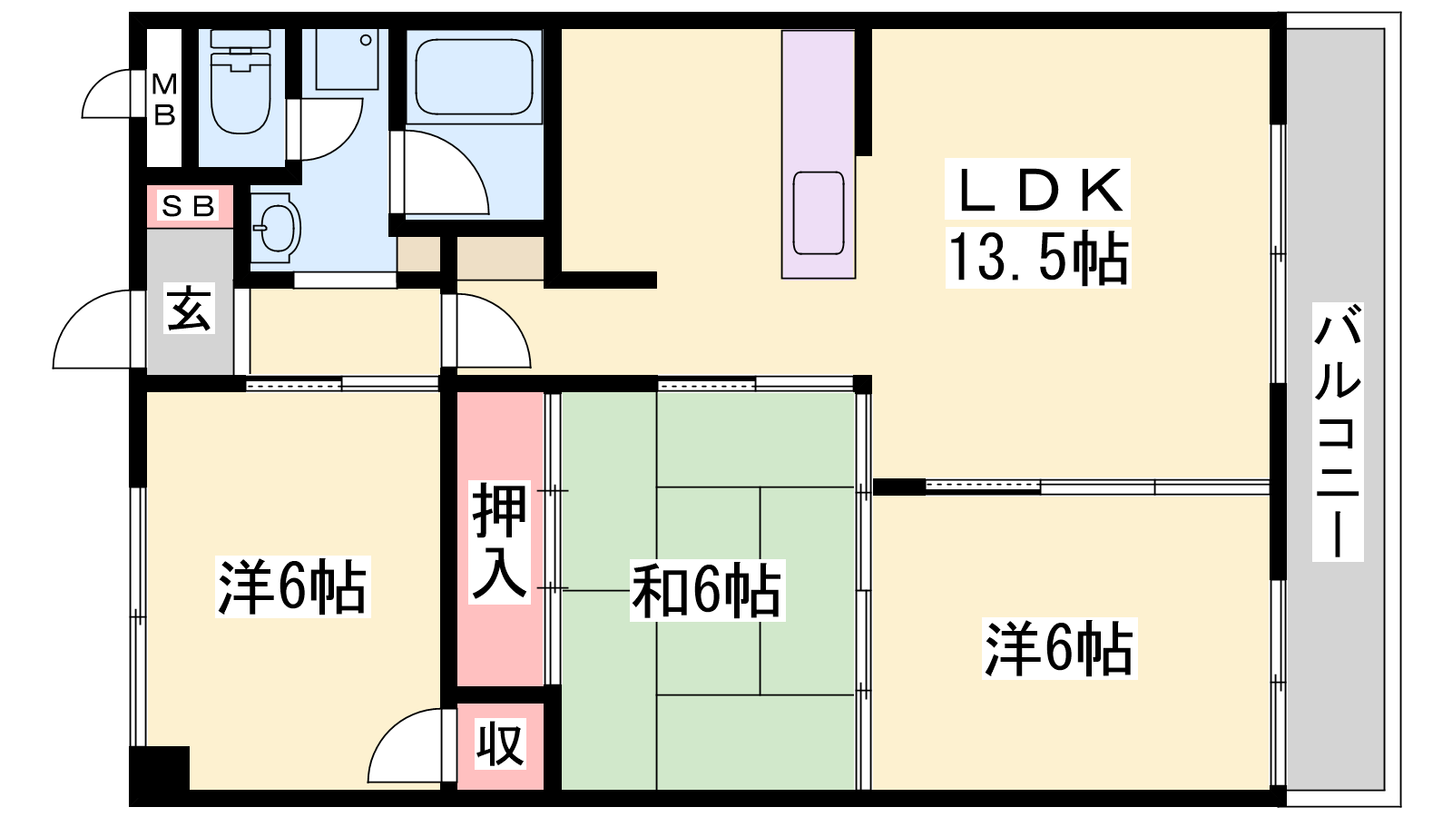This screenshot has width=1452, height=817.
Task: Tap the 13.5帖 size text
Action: pos(1038,258)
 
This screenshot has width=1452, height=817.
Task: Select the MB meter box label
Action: pos(164,99)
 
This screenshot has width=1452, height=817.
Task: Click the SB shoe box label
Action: pos(188,206)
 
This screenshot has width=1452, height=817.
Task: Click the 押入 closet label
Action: pos(499,542)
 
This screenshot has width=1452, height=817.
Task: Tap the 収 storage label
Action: pos(500,744)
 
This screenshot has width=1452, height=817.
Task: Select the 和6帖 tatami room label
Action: pos(707,591)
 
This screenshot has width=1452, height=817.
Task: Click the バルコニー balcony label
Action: pos(1338,431)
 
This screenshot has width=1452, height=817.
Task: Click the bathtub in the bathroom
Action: pos(474,77)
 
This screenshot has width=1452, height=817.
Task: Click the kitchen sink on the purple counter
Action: pos(819,213)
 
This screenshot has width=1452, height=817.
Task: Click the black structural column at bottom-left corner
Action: pos(160,769)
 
